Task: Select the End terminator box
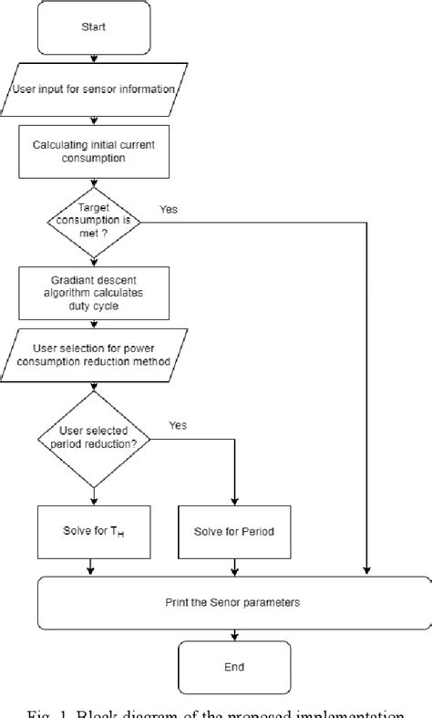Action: (x=233, y=667)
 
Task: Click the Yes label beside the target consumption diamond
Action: (x=169, y=209)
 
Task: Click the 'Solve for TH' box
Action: (x=92, y=532)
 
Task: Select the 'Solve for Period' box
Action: (x=234, y=532)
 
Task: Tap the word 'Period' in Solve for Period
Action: (x=255, y=532)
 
